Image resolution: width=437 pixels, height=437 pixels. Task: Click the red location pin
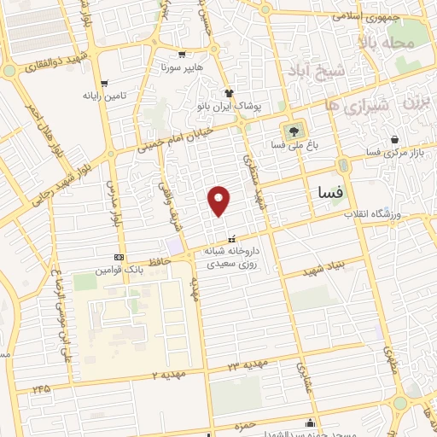(x=219, y=201)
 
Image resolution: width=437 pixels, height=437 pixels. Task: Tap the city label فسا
(x=329, y=193)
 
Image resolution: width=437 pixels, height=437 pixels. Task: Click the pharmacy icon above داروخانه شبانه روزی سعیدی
(x=232, y=240)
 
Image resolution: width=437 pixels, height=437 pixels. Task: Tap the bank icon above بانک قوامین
(x=118, y=258)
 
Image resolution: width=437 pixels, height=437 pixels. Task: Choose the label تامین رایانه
(x=103, y=96)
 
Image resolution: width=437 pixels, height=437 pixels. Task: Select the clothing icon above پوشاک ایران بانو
(x=229, y=92)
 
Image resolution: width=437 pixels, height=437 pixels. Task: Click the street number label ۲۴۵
(x=40, y=388)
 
